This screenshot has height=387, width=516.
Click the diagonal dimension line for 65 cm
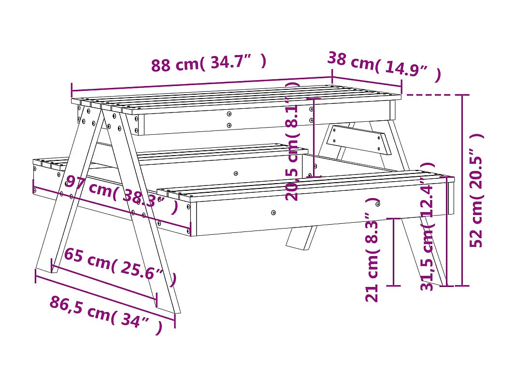[x=104, y=283]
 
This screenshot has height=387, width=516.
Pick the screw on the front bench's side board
[x=273, y=212]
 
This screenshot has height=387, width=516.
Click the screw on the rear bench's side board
[x=236, y=173]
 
